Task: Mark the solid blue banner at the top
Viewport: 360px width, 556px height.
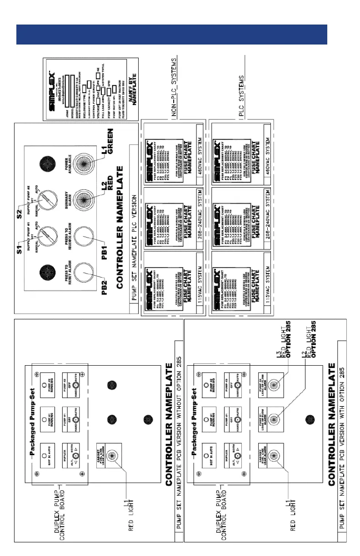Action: [x=172, y=35]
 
